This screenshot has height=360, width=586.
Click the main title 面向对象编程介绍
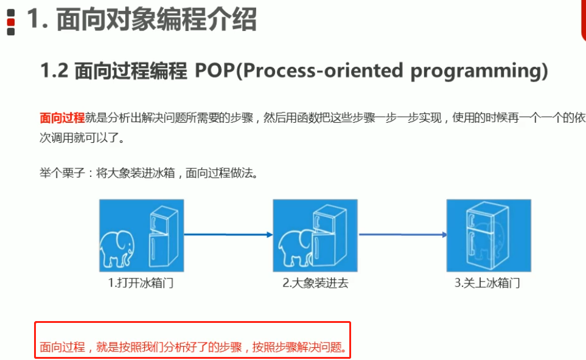pos(156,19)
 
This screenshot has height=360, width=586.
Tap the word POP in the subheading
pos(215,70)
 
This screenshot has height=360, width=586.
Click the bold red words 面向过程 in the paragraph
pos(62,118)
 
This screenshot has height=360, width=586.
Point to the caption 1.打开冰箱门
pos(141,283)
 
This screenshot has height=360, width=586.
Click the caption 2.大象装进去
pos(315,283)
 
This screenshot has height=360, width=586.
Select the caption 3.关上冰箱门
pos(487,283)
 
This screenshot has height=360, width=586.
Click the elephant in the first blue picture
pos(117,249)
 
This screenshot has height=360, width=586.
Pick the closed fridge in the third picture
pos(487,235)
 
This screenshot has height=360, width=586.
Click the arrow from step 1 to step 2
pos(228,235)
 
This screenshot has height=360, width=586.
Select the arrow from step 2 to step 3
pos(403,235)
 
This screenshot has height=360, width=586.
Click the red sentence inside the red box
pos(194,347)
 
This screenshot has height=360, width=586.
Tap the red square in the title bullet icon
pos(11,22)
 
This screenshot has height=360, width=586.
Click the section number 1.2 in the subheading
pos(54,70)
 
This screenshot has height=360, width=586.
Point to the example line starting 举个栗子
pos(148,173)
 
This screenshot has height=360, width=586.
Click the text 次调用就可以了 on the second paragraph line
pos(78,138)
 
